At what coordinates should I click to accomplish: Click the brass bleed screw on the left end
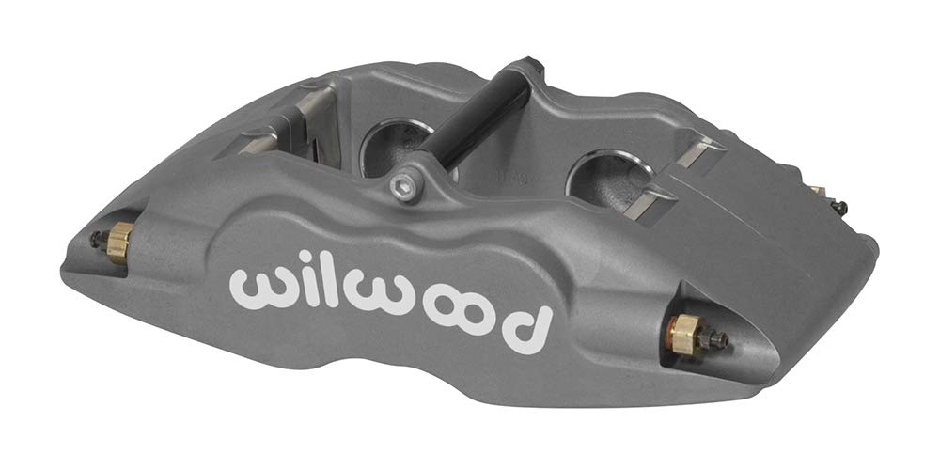[x=117, y=243]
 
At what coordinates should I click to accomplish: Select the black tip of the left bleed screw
[x=95, y=239]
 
